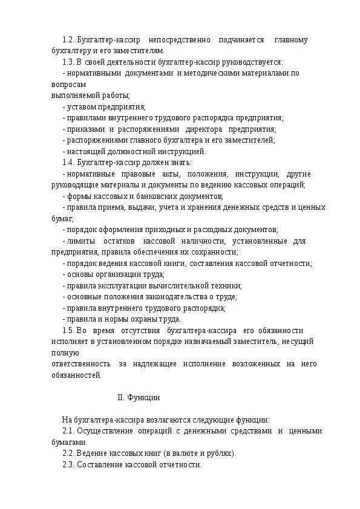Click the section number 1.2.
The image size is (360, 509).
[x=69, y=40]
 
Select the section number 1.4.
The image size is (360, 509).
[x=69, y=163]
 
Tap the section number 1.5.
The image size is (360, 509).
[x=69, y=330]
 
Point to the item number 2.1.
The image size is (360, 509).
[x=69, y=431]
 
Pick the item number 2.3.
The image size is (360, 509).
[x=69, y=465]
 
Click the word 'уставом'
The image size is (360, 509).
[x=80, y=107]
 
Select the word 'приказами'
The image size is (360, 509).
[x=84, y=129]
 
